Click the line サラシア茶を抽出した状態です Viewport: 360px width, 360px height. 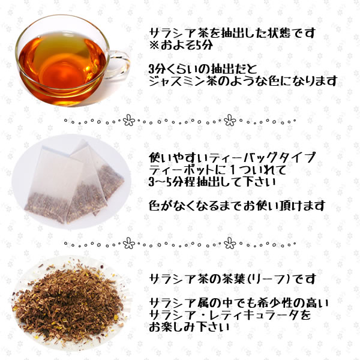click(231, 33)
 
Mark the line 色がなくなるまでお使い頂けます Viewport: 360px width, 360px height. click(238, 206)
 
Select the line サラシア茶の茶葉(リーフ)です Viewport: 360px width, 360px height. click(231, 280)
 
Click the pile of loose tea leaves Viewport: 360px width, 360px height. click(72, 300)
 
